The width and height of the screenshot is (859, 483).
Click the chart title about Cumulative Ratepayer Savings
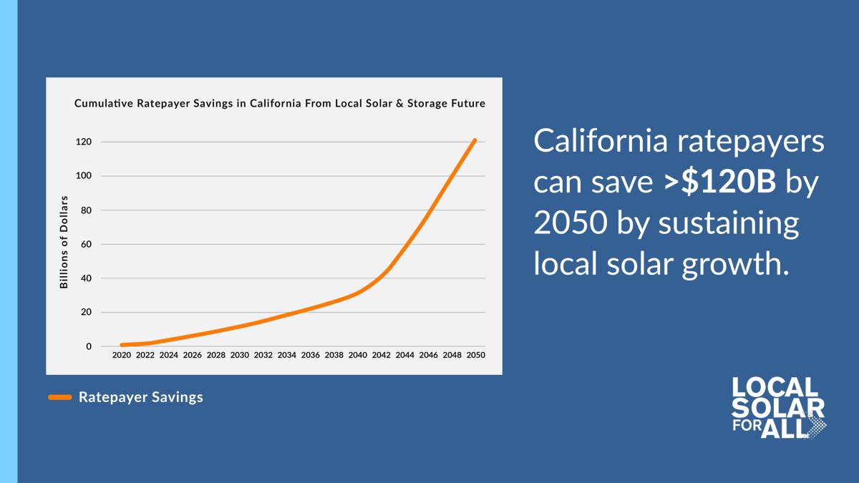280,104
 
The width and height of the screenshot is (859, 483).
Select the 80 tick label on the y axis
86,210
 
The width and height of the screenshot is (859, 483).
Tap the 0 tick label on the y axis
89,346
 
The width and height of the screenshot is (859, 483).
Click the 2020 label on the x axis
122,355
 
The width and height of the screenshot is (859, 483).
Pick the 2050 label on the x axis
475,355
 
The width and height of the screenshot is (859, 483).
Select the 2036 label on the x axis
310,355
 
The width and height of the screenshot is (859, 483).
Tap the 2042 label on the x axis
381,355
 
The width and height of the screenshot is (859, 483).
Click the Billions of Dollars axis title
64,242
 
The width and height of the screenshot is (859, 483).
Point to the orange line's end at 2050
475,140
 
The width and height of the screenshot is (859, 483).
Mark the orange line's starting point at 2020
122,345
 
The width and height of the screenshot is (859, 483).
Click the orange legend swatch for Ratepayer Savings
60,397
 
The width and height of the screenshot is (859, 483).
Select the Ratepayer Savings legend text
141,397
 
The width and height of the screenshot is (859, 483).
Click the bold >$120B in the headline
719,182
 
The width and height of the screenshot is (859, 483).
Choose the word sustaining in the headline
728,223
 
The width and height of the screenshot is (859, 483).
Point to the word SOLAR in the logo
777,408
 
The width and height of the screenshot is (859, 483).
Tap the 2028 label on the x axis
215,355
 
